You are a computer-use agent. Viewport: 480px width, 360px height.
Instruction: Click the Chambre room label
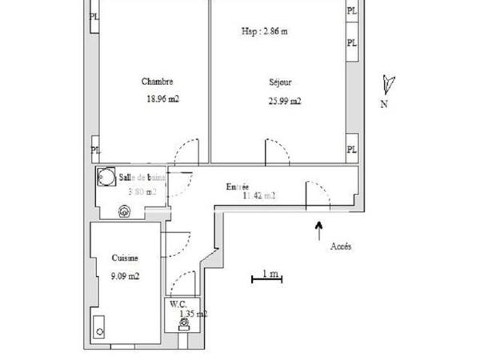[157, 82]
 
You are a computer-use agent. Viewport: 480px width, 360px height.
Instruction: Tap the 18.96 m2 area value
[162, 100]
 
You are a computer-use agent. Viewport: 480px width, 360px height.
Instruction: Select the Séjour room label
[281, 82]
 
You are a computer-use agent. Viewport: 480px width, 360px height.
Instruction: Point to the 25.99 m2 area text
[285, 101]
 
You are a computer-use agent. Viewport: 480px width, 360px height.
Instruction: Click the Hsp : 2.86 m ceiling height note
[264, 32]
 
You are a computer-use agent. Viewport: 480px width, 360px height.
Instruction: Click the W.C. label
[178, 305]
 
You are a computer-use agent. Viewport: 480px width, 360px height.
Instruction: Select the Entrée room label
[238, 186]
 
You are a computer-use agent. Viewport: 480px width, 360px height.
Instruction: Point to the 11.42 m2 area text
[258, 194]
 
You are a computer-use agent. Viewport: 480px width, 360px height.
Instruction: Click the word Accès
[341, 246]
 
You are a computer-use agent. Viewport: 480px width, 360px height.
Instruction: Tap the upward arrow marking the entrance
[319, 230]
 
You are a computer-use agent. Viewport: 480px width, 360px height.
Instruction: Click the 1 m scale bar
[266, 277]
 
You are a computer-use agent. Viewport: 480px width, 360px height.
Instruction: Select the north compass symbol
[389, 83]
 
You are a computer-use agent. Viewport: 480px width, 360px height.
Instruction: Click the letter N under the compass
[384, 104]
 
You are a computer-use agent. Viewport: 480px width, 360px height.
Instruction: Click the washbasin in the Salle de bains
[124, 212]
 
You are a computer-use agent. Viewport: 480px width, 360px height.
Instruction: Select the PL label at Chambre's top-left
[95, 15]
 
